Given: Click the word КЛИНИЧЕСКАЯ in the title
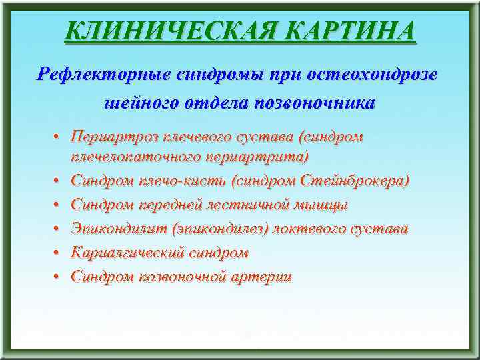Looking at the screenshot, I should point(155,31).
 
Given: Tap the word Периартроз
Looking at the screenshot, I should point(113,137).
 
